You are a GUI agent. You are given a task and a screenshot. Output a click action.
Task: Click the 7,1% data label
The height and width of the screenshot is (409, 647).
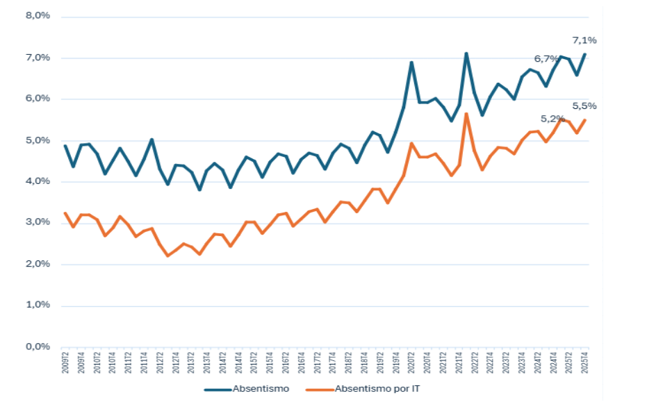tap(584, 40)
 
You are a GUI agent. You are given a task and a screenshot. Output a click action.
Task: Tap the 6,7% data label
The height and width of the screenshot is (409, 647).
tap(546, 58)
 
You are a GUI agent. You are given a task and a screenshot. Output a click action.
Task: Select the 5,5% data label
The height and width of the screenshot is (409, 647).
tap(584, 106)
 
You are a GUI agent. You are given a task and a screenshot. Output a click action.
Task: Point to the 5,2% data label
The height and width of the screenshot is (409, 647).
tap(552, 119)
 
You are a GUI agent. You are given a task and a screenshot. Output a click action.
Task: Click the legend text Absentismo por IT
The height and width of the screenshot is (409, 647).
tap(377, 390)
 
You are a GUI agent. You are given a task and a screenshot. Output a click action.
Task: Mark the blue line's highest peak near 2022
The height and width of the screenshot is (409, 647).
tap(466, 53)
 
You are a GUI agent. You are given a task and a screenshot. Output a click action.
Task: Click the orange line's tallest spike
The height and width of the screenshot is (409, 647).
tap(466, 113)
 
